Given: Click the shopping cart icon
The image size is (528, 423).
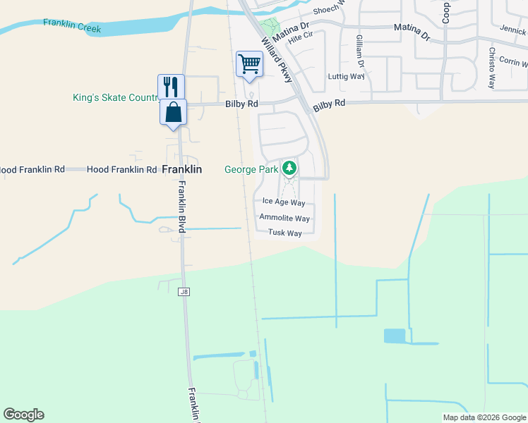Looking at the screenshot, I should point(249,63).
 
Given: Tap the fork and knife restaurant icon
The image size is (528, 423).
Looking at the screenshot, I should point(171,87).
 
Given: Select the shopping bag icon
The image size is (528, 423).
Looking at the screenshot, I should point(173,111).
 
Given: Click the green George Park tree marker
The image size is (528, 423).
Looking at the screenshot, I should point(289,168).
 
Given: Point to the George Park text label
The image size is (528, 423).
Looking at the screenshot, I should point(251,169).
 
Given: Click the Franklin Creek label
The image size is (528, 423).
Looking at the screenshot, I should point(71,26).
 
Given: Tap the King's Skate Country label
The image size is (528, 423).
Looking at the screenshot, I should point(114,97).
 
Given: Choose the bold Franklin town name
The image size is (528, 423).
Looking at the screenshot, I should point(182,170).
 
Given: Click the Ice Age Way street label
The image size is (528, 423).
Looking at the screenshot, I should point(279,202).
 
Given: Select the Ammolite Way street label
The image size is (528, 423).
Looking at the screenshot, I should point(284,218).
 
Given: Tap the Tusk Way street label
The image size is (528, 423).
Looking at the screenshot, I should point(284,233).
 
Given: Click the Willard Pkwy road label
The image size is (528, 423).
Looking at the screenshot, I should point(277,60).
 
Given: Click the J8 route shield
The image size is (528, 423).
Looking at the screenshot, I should point(184,291).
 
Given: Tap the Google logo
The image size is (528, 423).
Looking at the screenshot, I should point(23,415).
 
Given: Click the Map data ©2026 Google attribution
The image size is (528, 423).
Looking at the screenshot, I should point(484,417).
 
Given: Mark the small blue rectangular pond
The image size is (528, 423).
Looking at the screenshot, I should point(395,336).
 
